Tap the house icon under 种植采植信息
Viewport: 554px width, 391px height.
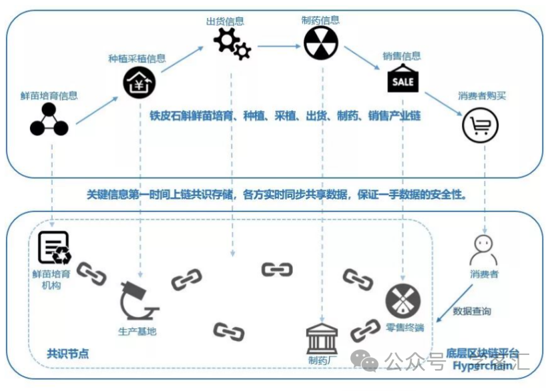coord(138,83)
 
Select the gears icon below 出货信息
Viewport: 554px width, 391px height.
coord(232,43)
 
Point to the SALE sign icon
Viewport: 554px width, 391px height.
coord(402,79)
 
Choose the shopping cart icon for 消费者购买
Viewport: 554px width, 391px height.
coord(480,124)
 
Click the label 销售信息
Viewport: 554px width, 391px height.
coord(402,57)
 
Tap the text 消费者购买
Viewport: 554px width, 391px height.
coord(481,96)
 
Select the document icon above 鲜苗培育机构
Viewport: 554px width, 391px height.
coord(54,248)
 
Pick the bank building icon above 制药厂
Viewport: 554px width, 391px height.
coord(322,338)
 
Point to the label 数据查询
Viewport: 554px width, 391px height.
coord(472,311)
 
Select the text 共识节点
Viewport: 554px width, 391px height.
coord(67,354)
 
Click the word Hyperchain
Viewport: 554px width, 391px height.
coord(483,365)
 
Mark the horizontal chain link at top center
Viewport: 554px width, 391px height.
coord(276,270)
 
